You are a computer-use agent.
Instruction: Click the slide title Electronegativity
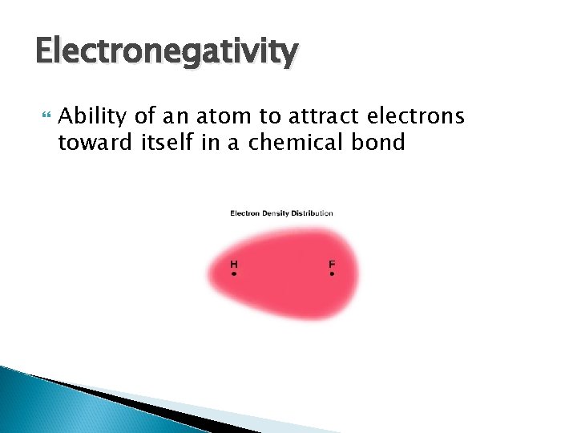[167, 53]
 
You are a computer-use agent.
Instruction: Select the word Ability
[94, 117]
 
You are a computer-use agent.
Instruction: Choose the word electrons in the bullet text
[414, 117]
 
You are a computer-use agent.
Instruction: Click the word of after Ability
[145, 117]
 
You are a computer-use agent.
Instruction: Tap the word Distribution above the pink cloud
[312, 213]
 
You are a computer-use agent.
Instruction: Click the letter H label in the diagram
[233, 264]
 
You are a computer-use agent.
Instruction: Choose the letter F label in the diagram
[332, 264]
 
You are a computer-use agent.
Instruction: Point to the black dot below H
[233, 274]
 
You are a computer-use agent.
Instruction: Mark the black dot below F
[332, 274]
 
